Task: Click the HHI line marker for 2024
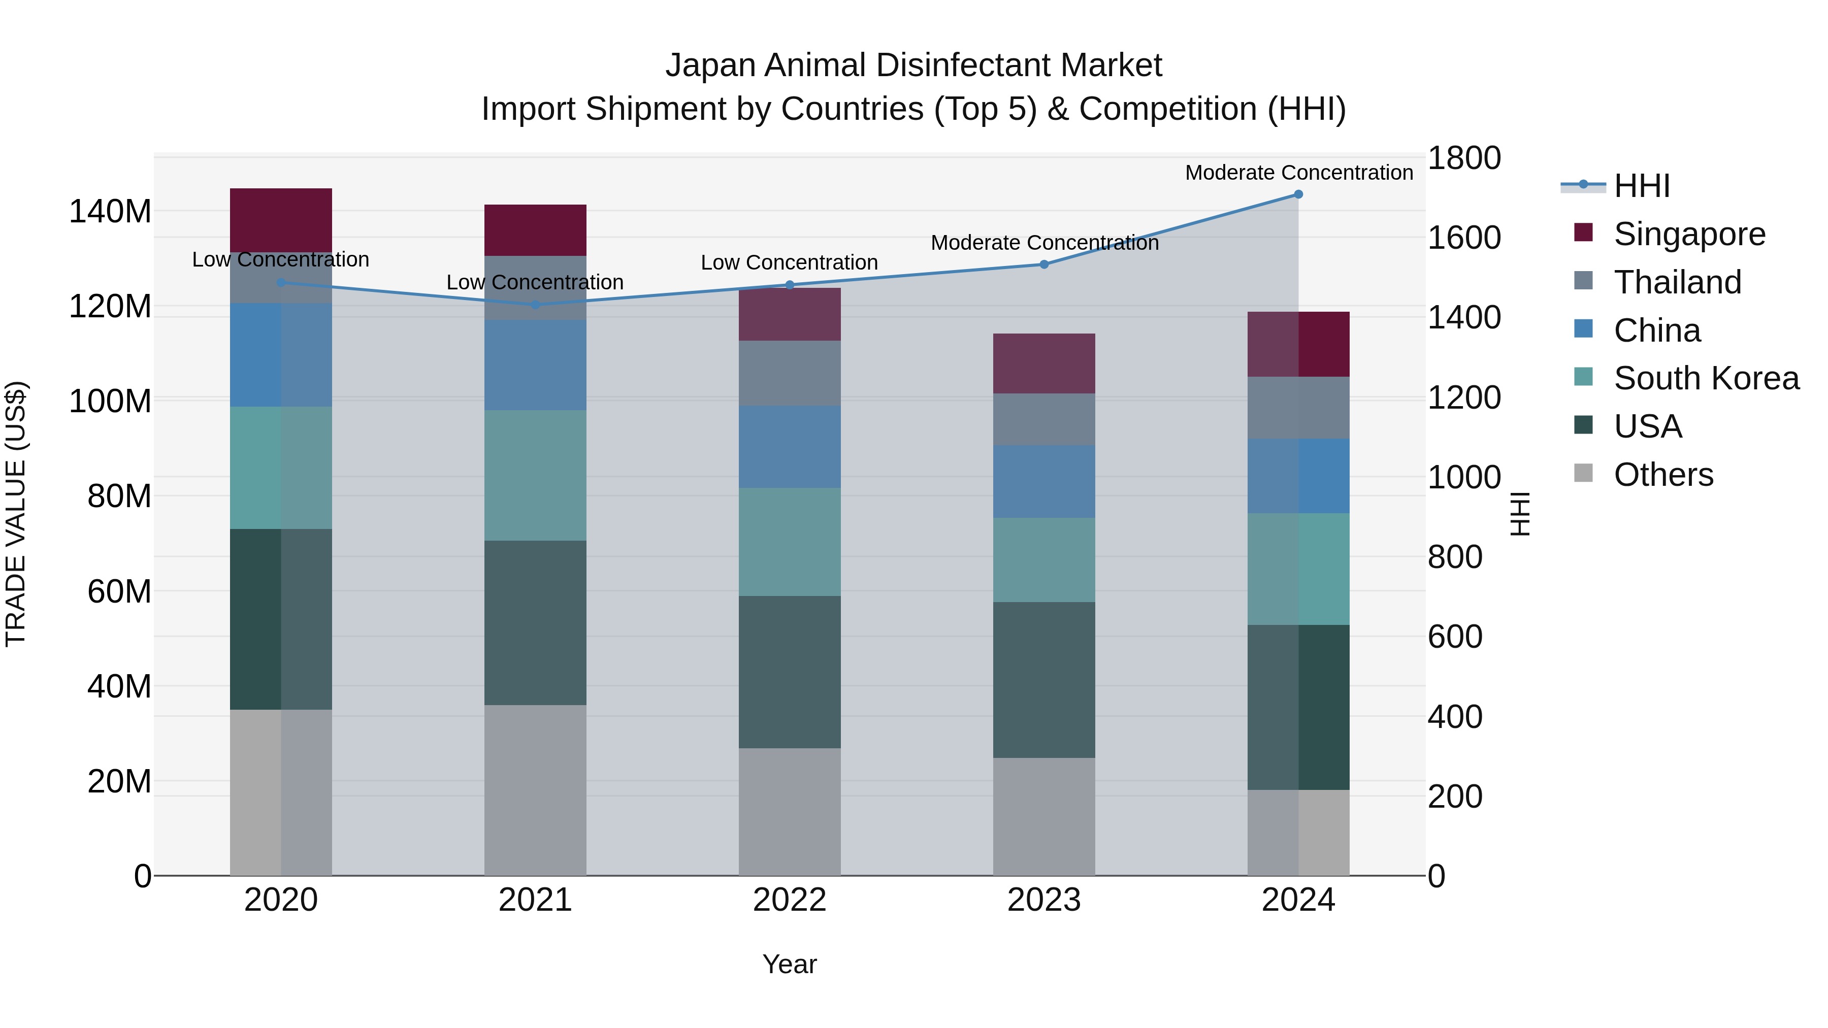pyautogui.click(x=1298, y=194)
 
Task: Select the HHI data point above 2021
pyautogui.click(x=535, y=305)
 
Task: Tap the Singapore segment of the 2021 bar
pyautogui.click(x=535, y=230)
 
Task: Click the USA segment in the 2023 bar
pyautogui.click(x=1044, y=680)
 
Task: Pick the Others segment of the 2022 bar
pyautogui.click(x=789, y=812)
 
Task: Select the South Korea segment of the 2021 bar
pyautogui.click(x=535, y=475)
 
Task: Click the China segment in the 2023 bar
pyautogui.click(x=1044, y=482)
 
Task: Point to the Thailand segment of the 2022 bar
pyautogui.click(x=789, y=373)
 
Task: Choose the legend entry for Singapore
pyautogui.click(x=1689, y=234)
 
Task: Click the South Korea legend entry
pyautogui.click(x=1706, y=378)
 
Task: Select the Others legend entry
pyautogui.click(x=1662, y=475)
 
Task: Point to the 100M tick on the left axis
pyautogui.click(x=110, y=402)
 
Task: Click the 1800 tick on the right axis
pyautogui.click(x=1463, y=158)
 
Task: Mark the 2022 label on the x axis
pyautogui.click(x=789, y=900)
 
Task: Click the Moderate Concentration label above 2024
pyautogui.click(x=1298, y=173)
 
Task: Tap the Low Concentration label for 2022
pyautogui.click(x=789, y=262)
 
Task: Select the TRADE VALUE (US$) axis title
pyautogui.click(x=16, y=514)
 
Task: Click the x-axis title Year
pyautogui.click(x=789, y=964)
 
